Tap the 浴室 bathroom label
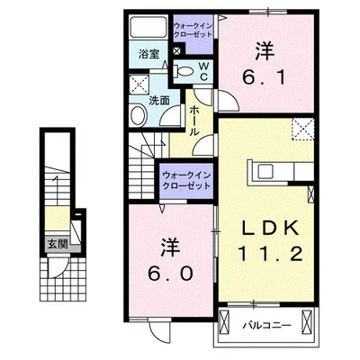pos(148,54)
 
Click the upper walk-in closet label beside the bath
pos(193,30)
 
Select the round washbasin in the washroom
pos(138,115)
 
